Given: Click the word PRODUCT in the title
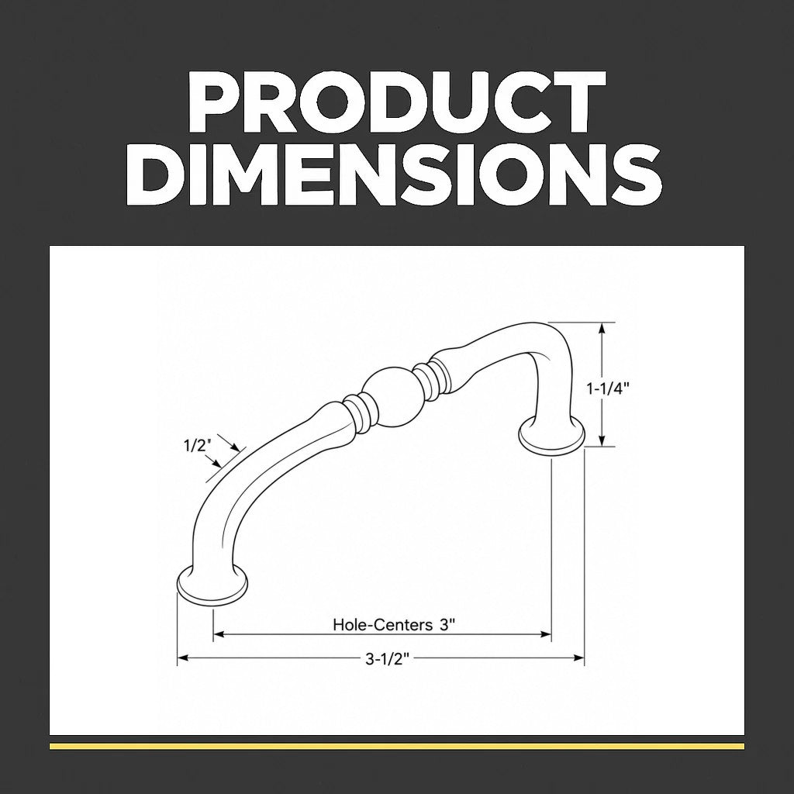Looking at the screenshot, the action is (397, 102).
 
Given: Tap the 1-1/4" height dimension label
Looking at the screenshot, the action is (608, 388).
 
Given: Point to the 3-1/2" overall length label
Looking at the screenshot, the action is (388, 658).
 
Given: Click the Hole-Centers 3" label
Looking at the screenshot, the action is (391, 624).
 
